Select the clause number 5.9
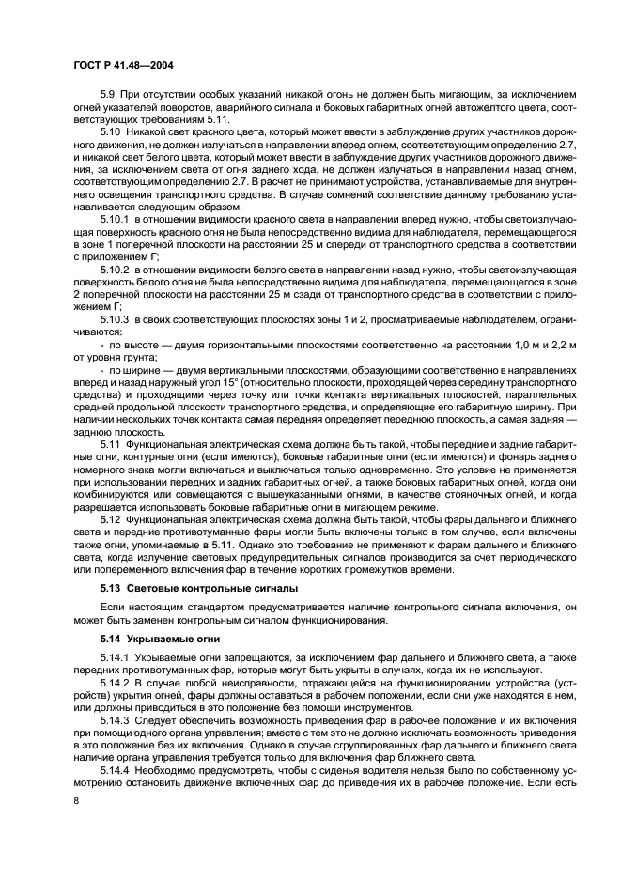point(107,95)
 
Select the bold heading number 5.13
point(112,588)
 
